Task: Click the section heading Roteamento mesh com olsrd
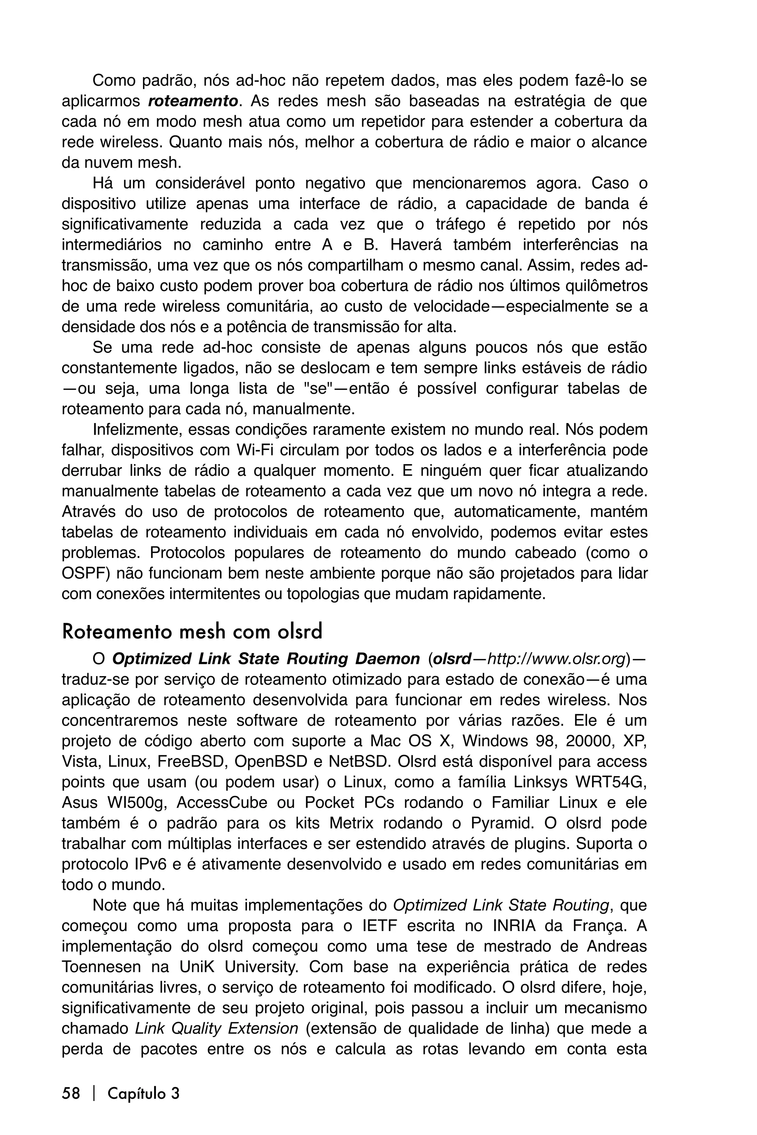(x=192, y=632)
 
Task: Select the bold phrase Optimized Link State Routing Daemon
(x=265, y=659)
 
